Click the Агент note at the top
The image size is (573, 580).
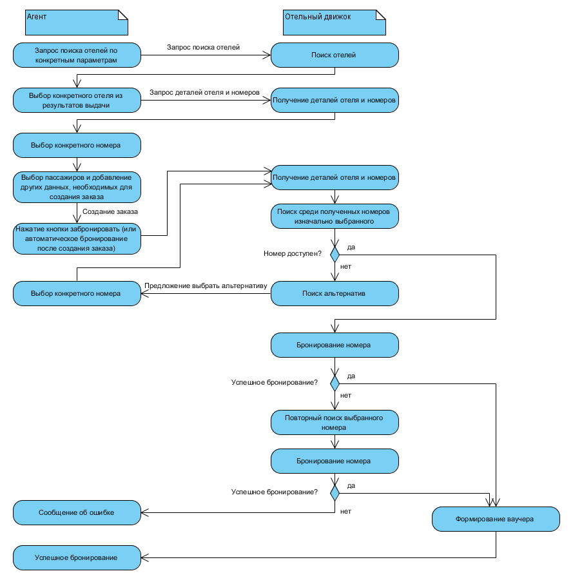[x=77, y=22]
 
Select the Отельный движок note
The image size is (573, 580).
[x=335, y=22]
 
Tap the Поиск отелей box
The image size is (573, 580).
[x=335, y=55]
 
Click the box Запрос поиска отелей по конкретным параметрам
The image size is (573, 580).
[x=77, y=55]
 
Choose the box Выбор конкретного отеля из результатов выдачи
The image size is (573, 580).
[x=77, y=100]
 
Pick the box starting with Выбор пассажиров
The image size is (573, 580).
[x=77, y=187]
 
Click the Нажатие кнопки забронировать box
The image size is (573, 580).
[x=77, y=239]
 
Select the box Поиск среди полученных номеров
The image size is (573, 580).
[x=335, y=216]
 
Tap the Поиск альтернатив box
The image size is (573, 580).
[x=335, y=293]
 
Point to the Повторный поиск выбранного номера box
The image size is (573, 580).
[x=335, y=422]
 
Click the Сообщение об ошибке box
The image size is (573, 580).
[x=77, y=513]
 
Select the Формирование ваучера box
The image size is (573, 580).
[x=496, y=519]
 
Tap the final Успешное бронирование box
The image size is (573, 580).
[x=77, y=557]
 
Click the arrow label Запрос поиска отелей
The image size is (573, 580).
[x=203, y=47]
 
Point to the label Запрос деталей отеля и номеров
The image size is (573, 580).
[x=204, y=92]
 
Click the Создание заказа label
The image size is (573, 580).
[x=110, y=211]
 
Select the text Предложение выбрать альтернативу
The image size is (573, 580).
[x=205, y=285]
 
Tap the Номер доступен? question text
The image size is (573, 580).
[x=293, y=254]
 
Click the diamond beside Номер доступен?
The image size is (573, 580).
[x=335, y=254]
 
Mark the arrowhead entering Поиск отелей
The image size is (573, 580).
[x=267, y=55]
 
